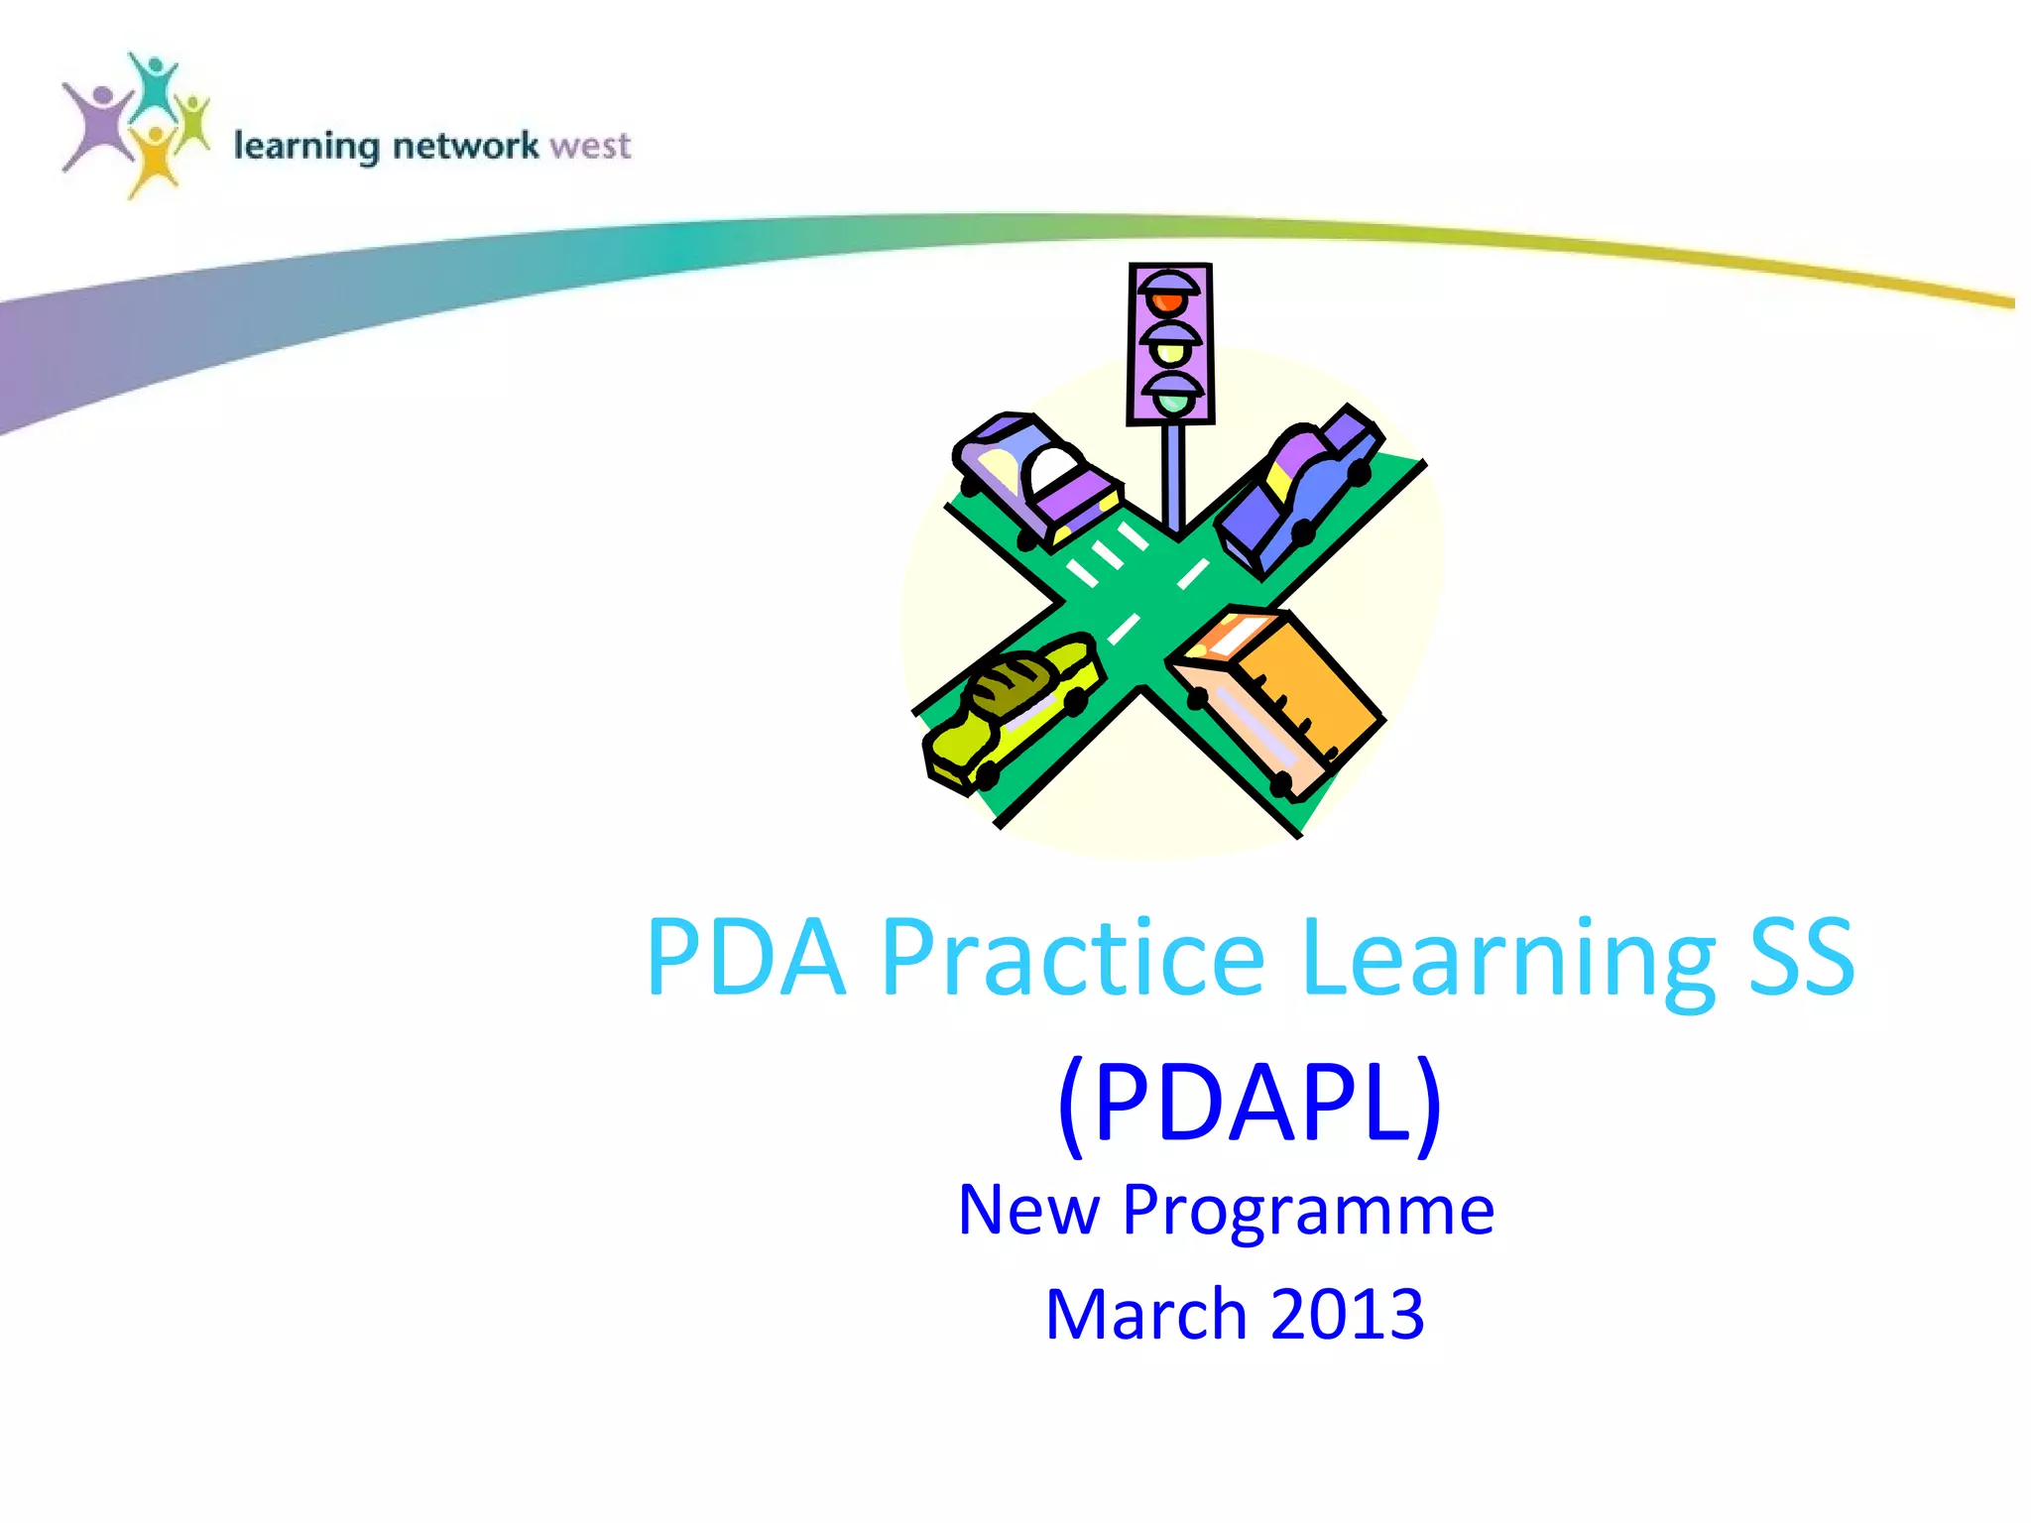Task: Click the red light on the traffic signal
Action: pos(1170,298)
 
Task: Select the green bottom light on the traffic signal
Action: pos(1173,402)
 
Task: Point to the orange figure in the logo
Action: pos(154,159)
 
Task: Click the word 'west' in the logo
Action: pos(589,147)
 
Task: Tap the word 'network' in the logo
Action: pos(465,147)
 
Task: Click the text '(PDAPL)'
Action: pos(1250,1104)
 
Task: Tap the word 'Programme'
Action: pos(1307,1211)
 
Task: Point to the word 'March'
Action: pos(1144,1315)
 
